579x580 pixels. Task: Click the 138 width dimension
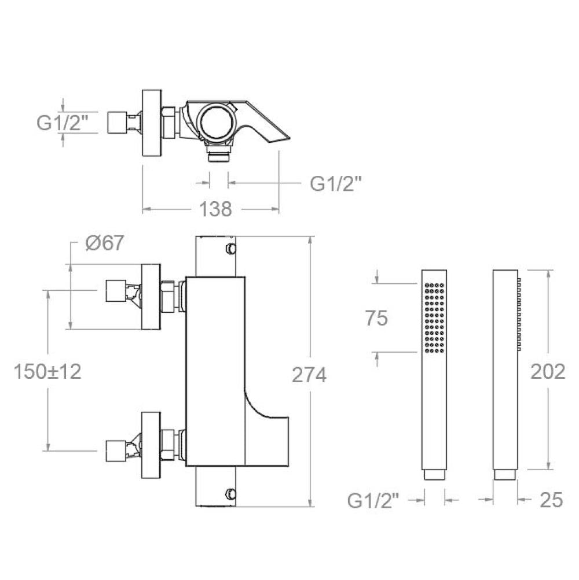pyautogui.click(x=215, y=209)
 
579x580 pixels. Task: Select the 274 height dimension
pyautogui.click(x=309, y=375)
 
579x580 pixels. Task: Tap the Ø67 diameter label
pyautogui.click(x=105, y=243)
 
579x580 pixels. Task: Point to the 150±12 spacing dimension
pyautogui.click(x=47, y=371)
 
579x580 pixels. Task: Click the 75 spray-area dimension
pyautogui.click(x=376, y=318)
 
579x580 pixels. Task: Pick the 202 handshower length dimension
pyautogui.click(x=548, y=371)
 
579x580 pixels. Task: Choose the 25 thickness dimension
pyautogui.click(x=552, y=500)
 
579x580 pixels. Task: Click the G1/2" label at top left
pyautogui.click(x=63, y=122)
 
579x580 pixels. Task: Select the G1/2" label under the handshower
pyautogui.click(x=373, y=501)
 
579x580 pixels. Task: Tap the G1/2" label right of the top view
pyautogui.click(x=336, y=183)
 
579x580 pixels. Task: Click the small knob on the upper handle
pyautogui.click(x=230, y=249)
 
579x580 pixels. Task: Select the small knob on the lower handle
pyautogui.click(x=230, y=493)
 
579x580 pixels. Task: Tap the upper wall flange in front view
pyautogui.click(x=152, y=297)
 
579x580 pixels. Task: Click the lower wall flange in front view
pyautogui.click(x=152, y=445)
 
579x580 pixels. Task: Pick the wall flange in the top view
pyautogui.click(x=152, y=123)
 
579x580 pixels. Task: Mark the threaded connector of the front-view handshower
pyautogui.click(x=434, y=475)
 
